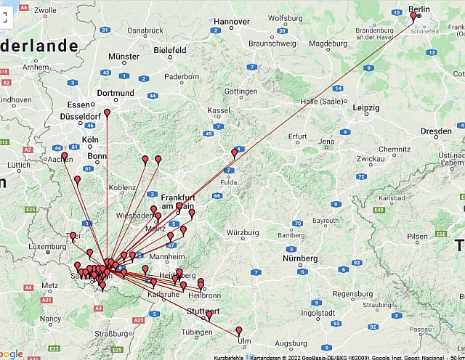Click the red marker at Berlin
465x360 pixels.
click(413, 15)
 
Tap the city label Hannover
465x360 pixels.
click(232, 21)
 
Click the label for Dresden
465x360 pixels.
click(436, 131)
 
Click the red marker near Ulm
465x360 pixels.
click(239, 331)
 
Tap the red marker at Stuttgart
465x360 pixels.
click(209, 314)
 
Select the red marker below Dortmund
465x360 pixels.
click(108, 112)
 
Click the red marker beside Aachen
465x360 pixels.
click(65, 155)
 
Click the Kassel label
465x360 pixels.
click(219, 110)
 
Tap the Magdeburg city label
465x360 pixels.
click(328, 43)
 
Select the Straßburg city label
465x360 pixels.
click(112, 333)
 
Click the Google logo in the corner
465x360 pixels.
click(12, 353)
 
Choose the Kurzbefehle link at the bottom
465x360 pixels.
click(229, 357)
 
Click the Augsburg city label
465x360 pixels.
click(291, 342)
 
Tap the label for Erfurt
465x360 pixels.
click(299, 136)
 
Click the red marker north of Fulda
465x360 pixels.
click(235, 152)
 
